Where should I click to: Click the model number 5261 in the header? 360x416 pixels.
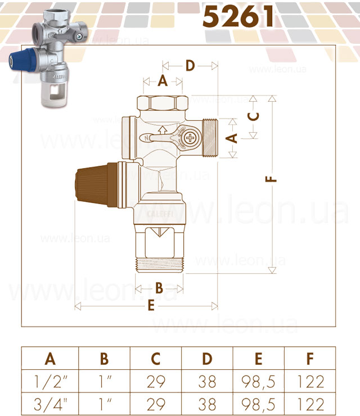238,16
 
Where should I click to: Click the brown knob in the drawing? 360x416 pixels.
96,184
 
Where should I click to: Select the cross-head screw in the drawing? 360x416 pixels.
190,138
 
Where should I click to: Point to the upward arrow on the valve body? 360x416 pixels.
162,130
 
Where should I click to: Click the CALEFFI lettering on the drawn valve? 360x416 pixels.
160,214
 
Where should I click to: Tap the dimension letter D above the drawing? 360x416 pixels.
190,66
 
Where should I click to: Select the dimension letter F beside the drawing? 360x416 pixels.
271,179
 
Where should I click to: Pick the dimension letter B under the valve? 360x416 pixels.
159,288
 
